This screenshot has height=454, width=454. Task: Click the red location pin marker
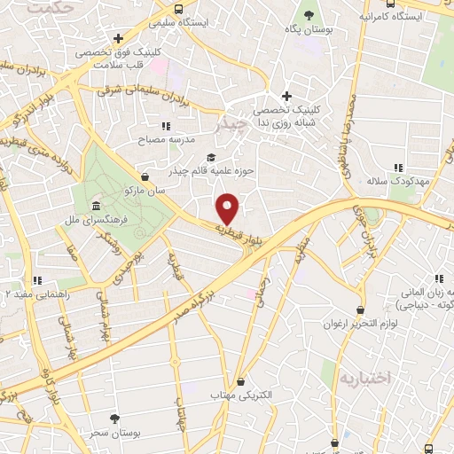(229, 208)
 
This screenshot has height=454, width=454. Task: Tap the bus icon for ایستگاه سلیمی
(180, 9)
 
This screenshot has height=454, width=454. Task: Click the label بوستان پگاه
(308, 30)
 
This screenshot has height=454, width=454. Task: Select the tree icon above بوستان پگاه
(309, 15)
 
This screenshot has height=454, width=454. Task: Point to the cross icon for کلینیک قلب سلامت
(118, 38)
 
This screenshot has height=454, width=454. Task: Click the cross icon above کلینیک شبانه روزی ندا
(286, 96)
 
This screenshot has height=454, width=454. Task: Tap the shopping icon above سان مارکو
(145, 176)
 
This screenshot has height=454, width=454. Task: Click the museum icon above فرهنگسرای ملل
(96, 205)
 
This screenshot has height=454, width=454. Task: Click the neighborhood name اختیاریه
(364, 378)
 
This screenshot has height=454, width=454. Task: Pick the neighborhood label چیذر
(233, 126)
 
